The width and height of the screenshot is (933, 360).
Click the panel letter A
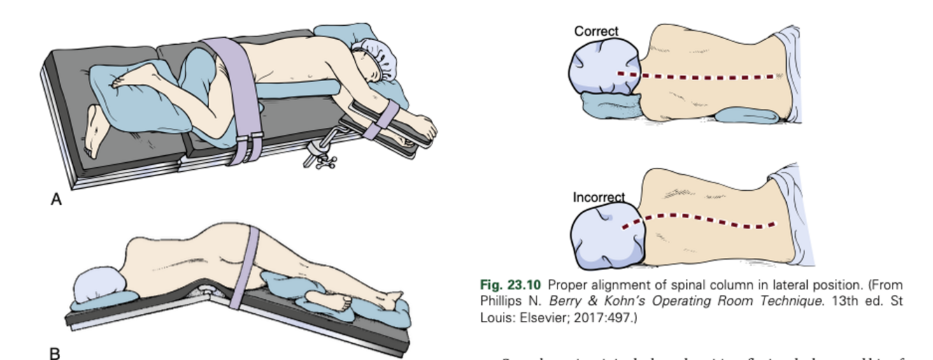coord(57,200)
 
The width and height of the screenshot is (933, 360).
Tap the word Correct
coord(596,31)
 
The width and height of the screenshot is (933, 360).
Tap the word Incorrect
coord(599,198)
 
